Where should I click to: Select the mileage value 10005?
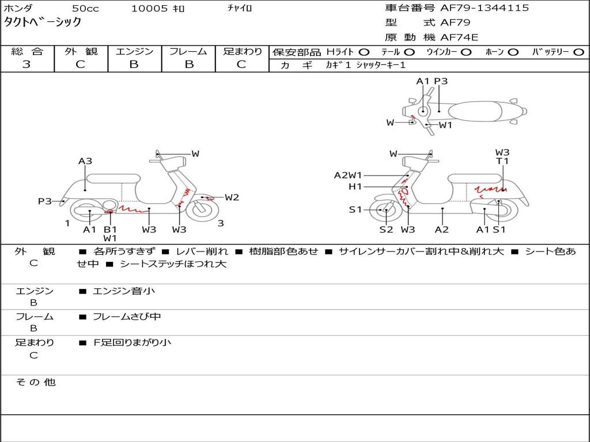click(x=149, y=9)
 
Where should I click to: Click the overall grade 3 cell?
click(x=27, y=64)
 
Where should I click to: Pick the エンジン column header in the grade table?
click(x=134, y=51)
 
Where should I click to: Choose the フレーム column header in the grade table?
click(x=188, y=51)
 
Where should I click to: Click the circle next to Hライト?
click(x=364, y=52)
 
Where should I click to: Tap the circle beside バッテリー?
click(x=578, y=52)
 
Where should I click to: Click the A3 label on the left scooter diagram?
click(x=85, y=161)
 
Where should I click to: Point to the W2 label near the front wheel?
click(x=232, y=197)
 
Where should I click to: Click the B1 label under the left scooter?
click(x=110, y=229)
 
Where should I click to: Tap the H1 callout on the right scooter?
click(x=355, y=186)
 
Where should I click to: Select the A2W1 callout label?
click(x=348, y=175)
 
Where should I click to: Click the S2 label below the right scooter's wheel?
click(x=386, y=230)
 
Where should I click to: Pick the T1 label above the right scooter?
click(x=502, y=161)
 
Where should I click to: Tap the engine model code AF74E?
click(x=459, y=37)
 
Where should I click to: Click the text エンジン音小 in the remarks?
click(x=123, y=291)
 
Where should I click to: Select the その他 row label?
click(x=35, y=382)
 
